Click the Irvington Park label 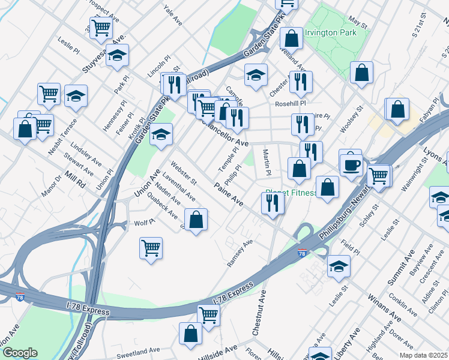pyautogui.click(x=328, y=32)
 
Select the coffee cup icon pyautogui.click(x=351, y=163)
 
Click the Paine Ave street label pyautogui.click(x=228, y=195)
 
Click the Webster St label pyautogui.click(x=184, y=172)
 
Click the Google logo pyautogui.click(x=20, y=353)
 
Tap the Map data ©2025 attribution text pyautogui.click(x=423, y=355)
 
